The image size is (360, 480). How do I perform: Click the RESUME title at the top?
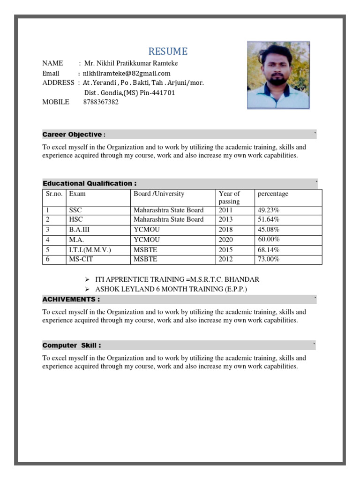pyautogui.click(x=168, y=52)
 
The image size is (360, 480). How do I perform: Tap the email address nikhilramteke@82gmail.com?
pyautogui.click(x=127, y=73)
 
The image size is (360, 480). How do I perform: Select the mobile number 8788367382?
pyautogui.click(x=101, y=102)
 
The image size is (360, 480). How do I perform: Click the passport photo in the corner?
pyautogui.click(x=278, y=75)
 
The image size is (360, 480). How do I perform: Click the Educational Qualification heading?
pyautogui.click(x=90, y=183)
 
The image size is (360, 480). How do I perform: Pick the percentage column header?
pyautogui.click(x=273, y=194)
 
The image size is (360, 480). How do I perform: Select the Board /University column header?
pyautogui.click(x=159, y=194)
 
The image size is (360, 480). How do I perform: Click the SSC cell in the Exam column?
pyautogui.click(x=75, y=210)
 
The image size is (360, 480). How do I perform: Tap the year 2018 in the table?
pyautogui.click(x=225, y=230)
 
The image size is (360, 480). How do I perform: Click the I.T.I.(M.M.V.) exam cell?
pyautogui.click(x=90, y=250)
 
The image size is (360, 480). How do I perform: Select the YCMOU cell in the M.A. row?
pyautogui.click(x=147, y=240)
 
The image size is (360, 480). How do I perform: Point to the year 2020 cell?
pyautogui.click(x=225, y=240)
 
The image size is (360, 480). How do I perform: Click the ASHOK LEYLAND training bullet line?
pyautogui.click(x=171, y=289)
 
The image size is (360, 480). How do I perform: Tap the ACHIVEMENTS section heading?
pyautogui.click(x=71, y=299)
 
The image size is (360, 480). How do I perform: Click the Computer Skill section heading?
pyautogui.click(x=71, y=345)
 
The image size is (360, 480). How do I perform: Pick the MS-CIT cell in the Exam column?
pyautogui.click(x=80, y=259)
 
